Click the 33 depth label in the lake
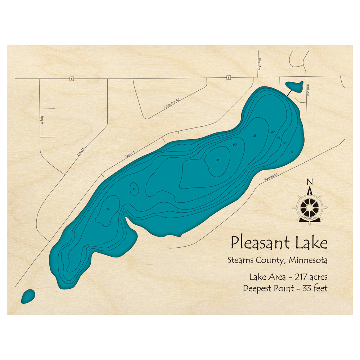click(x=218, y=160)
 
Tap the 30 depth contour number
click(x=235, y=144)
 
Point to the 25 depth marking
click(x=255, y=136)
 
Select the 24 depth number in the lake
click(x=108, y=209)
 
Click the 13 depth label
click(x=134, y=189)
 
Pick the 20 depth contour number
click(x=273, y=132)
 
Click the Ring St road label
click(x=42, y=120)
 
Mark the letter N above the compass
click(x=309, y=181)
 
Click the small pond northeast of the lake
click(x=294, y=86)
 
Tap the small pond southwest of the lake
click(x=28, y=296)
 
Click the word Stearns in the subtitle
click(x=240, y=260)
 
